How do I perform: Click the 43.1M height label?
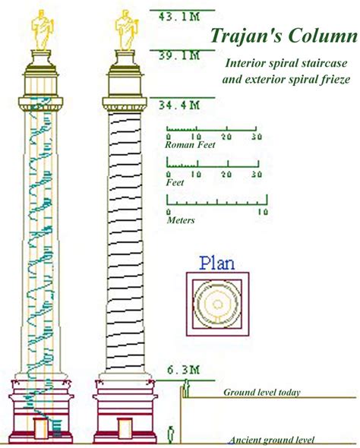pyautogui.click(x=179, y=17)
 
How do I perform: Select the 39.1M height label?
pyautogui.click(x=179, y=55)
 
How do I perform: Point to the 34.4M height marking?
pyautogui.click(x=179, y=105)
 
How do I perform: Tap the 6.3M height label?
pyautogui.click(x=183, y=370)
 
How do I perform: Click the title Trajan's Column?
pyautogui.click(x=284, y=36)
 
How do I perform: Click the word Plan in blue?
pyautogui.click(x=217, y=263)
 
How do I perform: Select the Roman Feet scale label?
pyautogui.click(x=190, y=144)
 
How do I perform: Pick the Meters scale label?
pyautogui.click(x=181, y=220)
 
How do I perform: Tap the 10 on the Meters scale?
pyautogui.click(x=263, y=212)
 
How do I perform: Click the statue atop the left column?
pyautogui.click(x=43, y=30)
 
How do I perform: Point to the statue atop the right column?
pyautogui.click(x=127, y=30)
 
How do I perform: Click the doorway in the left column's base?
pyautogui.click(x=40, y=428)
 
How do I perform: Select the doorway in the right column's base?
pyautogui.click(x=125, y=428)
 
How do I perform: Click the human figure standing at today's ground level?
pyautogui.click(x=186, y=388)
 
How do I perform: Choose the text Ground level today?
pyautogui.click(x=262, y=392)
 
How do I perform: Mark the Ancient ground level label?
pyautogui.click(x=272, y=440)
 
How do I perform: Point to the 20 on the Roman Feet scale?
pyautogui.click(x=226, y=137)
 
